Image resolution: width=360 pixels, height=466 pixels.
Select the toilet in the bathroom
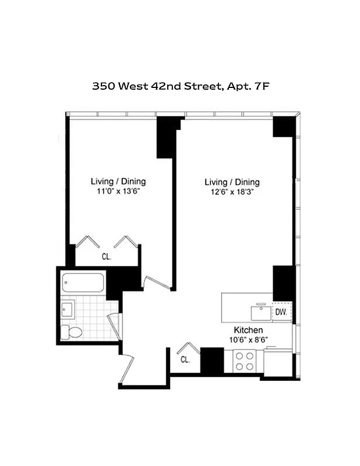pyautogui.click(x=73, y=332)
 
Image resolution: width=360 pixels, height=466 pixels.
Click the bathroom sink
pyautogui.click(x=66, y=308)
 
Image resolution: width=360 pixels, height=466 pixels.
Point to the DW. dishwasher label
pyautogui.click(x=282, y=312)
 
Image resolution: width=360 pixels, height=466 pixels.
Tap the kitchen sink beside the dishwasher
pyautogui.click(x=261, y=312)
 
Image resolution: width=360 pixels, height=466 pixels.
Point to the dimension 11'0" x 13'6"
pyautogui.click(x=118, y=190)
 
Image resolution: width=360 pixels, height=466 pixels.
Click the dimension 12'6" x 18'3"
pyautogui.click(x=232, y=192)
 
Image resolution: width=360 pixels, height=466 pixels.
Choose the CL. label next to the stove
pyautogui.click(x=185, y=359)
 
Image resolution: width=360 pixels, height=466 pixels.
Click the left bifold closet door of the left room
pyautogui.click(x=86, y=241)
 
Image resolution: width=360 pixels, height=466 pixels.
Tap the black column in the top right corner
pyautogui.click(x=284, y=127)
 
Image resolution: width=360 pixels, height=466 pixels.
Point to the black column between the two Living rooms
pyautogui.click(x=167, y=137)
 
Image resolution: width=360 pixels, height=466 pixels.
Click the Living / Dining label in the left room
pyautogui.click(x=118, y=181)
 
